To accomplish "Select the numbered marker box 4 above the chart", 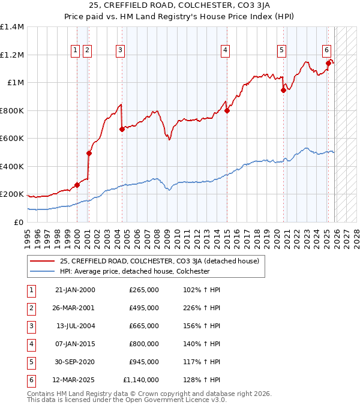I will tap(225, 51).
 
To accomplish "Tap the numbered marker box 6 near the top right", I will tap(327, 50).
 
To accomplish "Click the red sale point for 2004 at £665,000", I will tap(122, 129).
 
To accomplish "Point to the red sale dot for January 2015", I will tap(227, 110).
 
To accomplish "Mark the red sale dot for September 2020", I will tap(284, 91).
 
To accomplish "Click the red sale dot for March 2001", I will tap(89, 153).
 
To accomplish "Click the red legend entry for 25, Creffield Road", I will tap(159, 261).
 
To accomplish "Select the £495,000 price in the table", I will tap(143, 308).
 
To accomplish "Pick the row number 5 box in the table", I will tap(30, 362).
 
